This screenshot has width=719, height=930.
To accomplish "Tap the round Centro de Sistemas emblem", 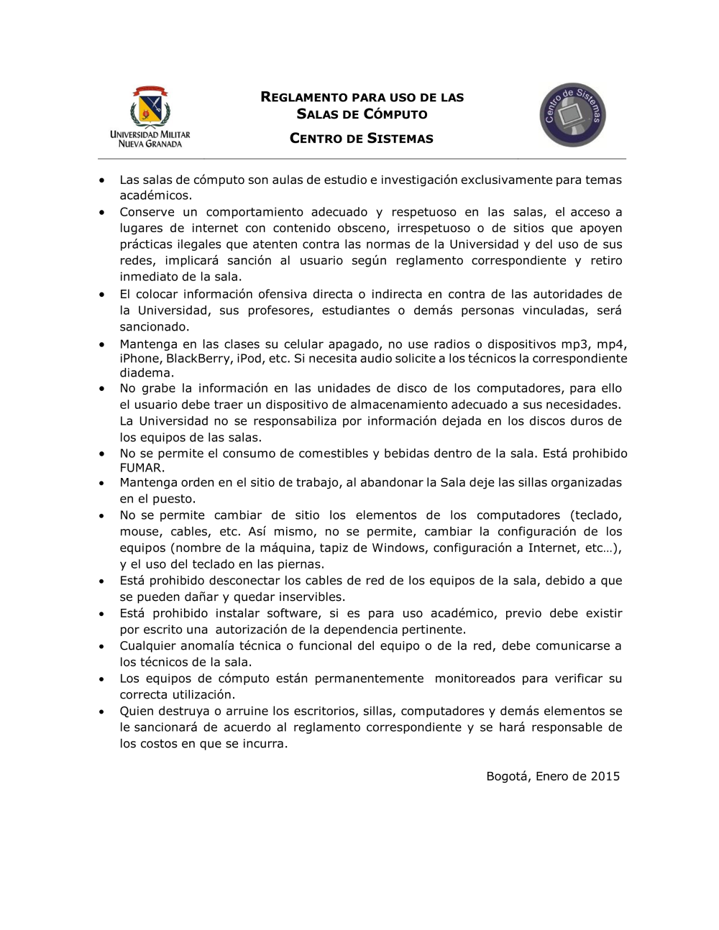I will (x=572, y=115).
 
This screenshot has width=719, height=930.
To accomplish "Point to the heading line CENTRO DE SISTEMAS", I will (x=362, y=139).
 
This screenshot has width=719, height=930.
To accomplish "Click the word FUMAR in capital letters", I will (x=141, y=468).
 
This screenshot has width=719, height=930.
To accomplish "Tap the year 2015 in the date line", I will (x=605, y=776).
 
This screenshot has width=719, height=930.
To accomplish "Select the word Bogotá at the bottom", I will (x=508, y=776).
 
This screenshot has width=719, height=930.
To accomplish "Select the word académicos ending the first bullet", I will (x=155, y=195).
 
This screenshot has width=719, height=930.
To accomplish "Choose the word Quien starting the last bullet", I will (x=137, y=711).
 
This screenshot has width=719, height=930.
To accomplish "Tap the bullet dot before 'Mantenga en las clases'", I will (x=103, y=344).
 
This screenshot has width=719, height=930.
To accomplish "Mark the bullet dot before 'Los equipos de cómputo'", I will (x=103, y=678).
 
